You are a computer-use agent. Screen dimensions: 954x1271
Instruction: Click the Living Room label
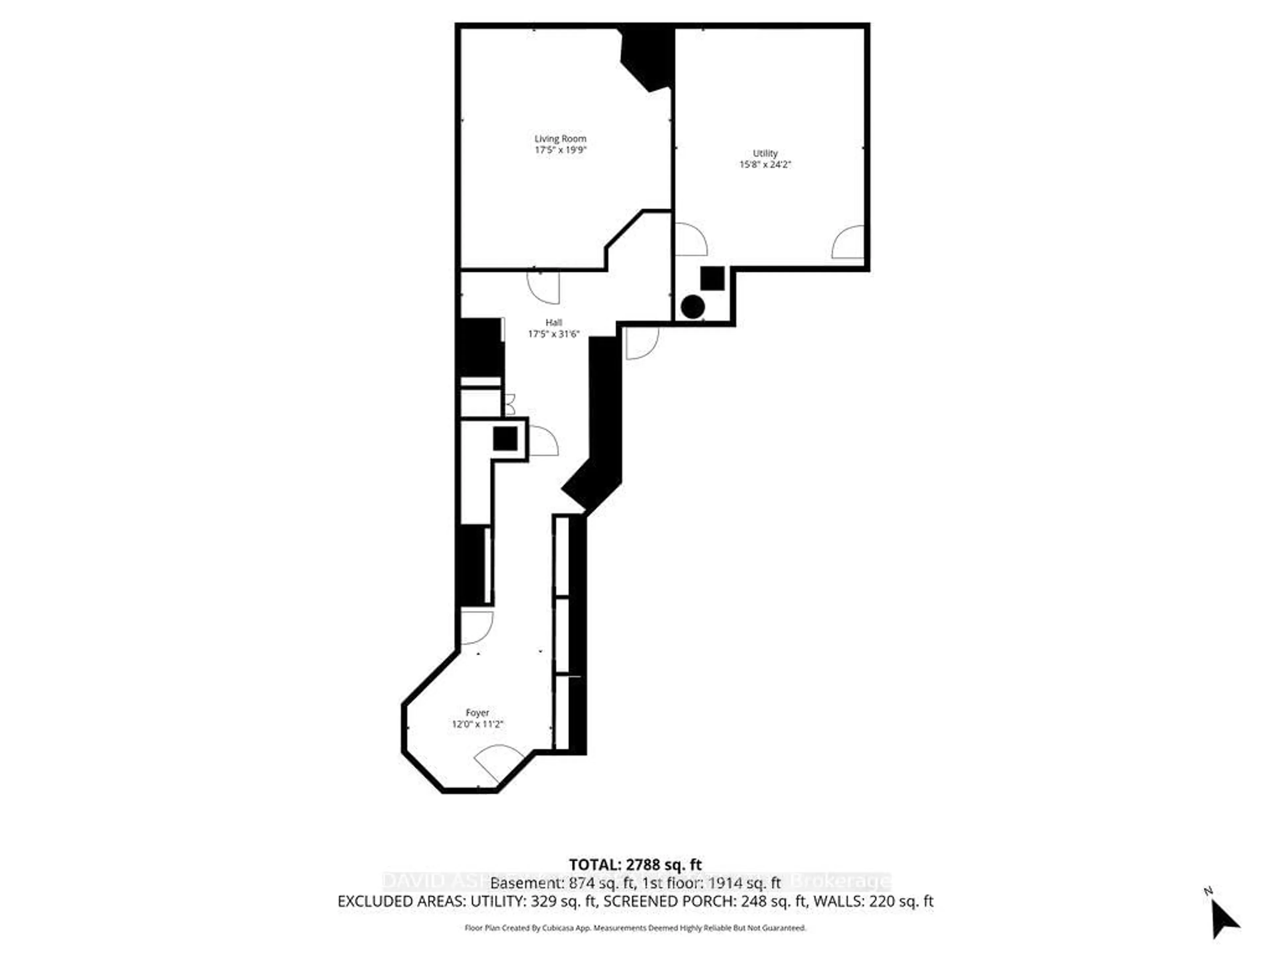(560, 138)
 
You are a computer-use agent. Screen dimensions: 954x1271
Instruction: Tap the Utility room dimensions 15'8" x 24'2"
(765, 164)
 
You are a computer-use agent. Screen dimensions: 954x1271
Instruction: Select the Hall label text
(553, 323)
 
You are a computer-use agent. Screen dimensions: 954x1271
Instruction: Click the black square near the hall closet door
(505, 439)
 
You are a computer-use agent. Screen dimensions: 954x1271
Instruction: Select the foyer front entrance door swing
(497, 763)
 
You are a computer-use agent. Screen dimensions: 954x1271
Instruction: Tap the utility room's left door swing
(690, 240)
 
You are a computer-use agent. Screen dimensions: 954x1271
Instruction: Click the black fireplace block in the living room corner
(648, 58)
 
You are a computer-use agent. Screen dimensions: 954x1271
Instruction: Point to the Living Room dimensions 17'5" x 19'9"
(560, 150)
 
